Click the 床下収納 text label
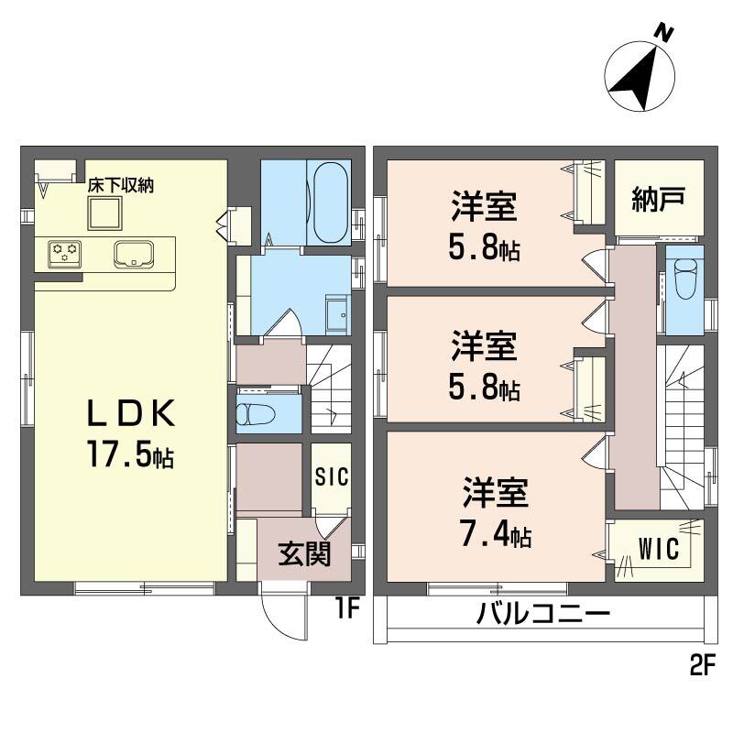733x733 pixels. [120, 186]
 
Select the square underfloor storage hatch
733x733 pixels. [104, 215]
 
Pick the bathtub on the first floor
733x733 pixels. [329, 202]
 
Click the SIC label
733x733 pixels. [330, 478]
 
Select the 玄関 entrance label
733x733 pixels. [304, 554]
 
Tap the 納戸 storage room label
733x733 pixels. [659, 199]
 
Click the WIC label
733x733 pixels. [659, 550]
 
